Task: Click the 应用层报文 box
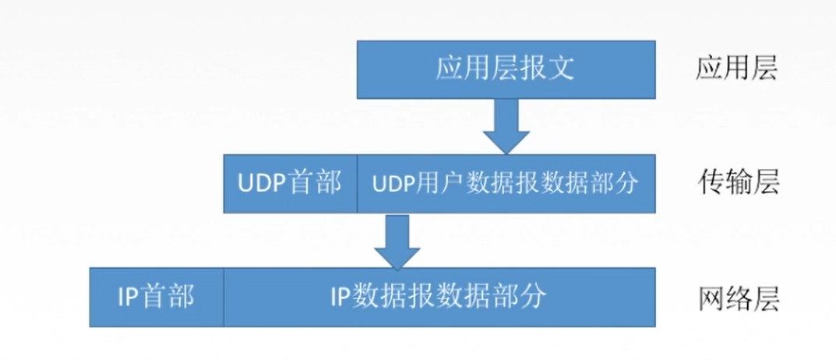point(506,70)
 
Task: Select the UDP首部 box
point(290,183)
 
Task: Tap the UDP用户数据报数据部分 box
point(506,183)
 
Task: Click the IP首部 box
point(157,297)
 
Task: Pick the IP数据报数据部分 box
point(439,297)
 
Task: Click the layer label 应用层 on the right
point(736,69)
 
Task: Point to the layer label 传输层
point(736,183)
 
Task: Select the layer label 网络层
point(736,297)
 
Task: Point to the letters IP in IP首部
point(129,297)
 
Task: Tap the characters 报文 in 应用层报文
point(547,69)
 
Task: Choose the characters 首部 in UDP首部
point(315,184)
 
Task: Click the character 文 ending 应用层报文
point(561,69)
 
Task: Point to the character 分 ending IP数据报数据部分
point(534,297)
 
